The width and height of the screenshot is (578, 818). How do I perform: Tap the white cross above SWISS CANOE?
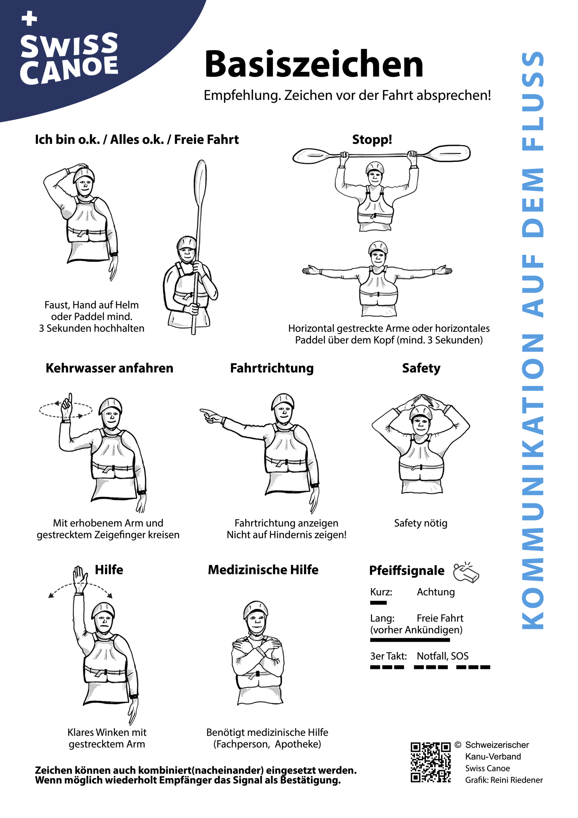point(29,18)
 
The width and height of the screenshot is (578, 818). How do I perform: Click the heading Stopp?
point(372,139)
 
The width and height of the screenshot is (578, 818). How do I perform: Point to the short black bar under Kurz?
point(378,602)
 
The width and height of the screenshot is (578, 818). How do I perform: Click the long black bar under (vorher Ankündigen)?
point(410,640)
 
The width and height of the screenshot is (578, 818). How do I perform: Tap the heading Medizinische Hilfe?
point(263,570)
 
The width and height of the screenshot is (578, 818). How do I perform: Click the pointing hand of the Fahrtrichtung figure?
point(209,415)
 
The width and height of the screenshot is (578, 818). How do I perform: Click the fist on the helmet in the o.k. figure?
point(81,167)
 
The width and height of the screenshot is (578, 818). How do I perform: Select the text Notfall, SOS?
point(442,656)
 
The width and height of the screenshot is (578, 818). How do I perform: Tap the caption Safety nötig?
point(420,523)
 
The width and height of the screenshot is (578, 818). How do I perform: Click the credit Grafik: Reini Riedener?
point(504,780)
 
